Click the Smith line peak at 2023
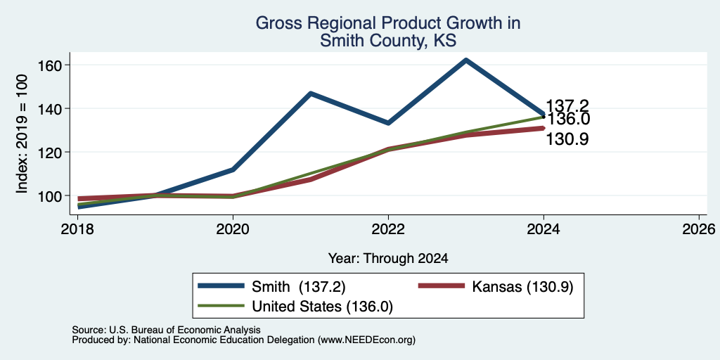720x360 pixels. point(466,60)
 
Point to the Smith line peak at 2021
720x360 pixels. point(311,94)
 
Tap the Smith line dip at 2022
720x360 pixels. point(388,123)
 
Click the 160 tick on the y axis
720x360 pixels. point(49,65)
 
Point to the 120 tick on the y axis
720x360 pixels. point(49,152)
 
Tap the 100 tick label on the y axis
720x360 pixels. point(49,195)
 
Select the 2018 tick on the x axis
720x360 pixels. point(77,229)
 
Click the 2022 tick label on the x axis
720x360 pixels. point(388,229)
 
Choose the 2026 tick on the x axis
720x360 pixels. point(699,229)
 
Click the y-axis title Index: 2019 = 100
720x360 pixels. point(22,134)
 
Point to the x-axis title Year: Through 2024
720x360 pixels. point(388,259)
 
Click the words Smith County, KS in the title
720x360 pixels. point(388,41)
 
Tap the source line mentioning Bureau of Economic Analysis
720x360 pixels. point(166,330)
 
